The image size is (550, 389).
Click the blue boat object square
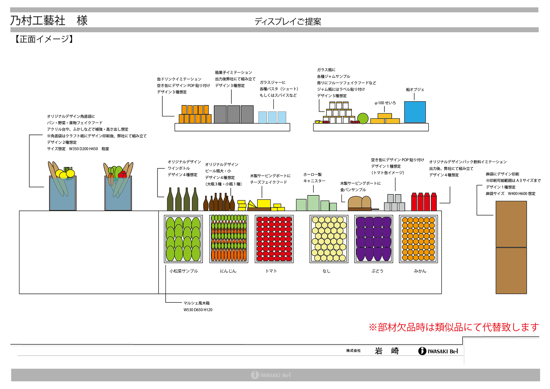415,112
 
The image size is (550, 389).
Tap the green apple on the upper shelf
363,119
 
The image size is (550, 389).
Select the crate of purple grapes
373,239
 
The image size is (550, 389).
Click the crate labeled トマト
274,239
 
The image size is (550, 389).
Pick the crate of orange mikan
418,239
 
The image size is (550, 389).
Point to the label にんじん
228,271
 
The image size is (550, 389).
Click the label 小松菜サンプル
184,271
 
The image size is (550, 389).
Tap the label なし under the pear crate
326,271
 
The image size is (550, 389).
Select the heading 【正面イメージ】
44,39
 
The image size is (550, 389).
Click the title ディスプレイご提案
288,22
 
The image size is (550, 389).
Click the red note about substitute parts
454,327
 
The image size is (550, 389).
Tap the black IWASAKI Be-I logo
438,351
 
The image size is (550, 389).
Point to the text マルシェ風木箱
197,303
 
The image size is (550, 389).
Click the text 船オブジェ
415,90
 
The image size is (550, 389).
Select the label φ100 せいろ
385,103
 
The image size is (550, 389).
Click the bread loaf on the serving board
359,202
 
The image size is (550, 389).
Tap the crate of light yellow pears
329,239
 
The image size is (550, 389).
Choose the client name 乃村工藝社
38,20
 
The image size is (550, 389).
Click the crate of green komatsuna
183,239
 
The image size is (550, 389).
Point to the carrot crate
229,239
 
